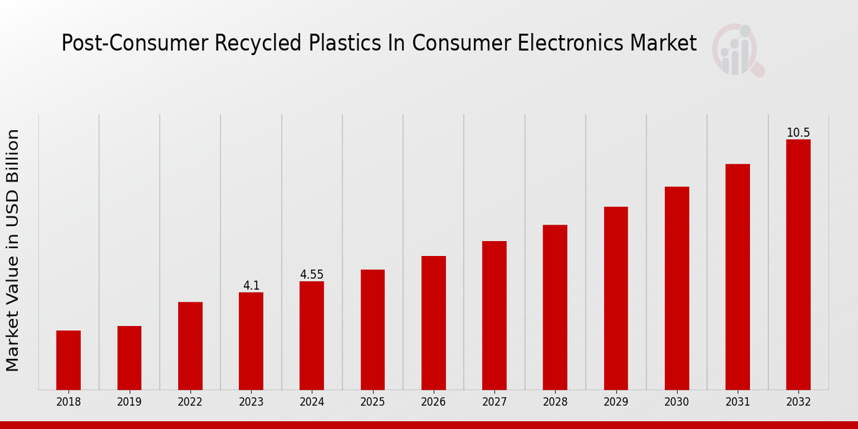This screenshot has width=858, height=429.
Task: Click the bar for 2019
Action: pos(129,357)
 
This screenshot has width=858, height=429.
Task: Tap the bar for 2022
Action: pos(190,345)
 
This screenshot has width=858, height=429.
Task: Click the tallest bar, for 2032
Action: pos(798,264)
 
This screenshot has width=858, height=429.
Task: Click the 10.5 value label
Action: pos(798,133)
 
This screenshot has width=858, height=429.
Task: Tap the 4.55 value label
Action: pos(312,275)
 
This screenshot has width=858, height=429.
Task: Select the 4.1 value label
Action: pos(251,286)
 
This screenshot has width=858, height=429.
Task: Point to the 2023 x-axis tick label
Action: pos(251,402)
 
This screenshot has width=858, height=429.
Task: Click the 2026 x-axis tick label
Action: pos(433,402)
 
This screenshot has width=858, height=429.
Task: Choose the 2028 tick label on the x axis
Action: pos(555,402)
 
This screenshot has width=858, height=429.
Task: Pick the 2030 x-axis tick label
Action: pos(676,402)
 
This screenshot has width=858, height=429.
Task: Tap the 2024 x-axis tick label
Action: pos(312,402)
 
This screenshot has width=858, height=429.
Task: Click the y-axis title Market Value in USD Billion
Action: pos(13,250)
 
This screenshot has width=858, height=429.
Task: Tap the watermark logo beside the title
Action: pos(737,50)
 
